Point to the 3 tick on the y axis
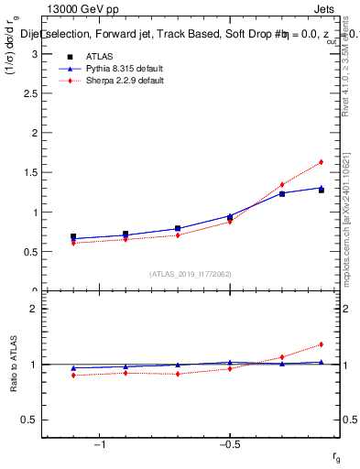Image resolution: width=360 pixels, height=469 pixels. click(x=36, y=54)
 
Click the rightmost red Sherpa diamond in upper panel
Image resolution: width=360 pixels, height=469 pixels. click(x=322, y=162)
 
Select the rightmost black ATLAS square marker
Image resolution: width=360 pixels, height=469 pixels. click(x=322, y=191)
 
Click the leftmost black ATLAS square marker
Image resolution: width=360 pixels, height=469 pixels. click(x=73, y=236)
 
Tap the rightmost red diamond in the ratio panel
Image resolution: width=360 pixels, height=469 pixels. click(x=322, y=344)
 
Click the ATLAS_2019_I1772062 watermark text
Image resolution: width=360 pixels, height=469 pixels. click(x=191, y=274)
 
